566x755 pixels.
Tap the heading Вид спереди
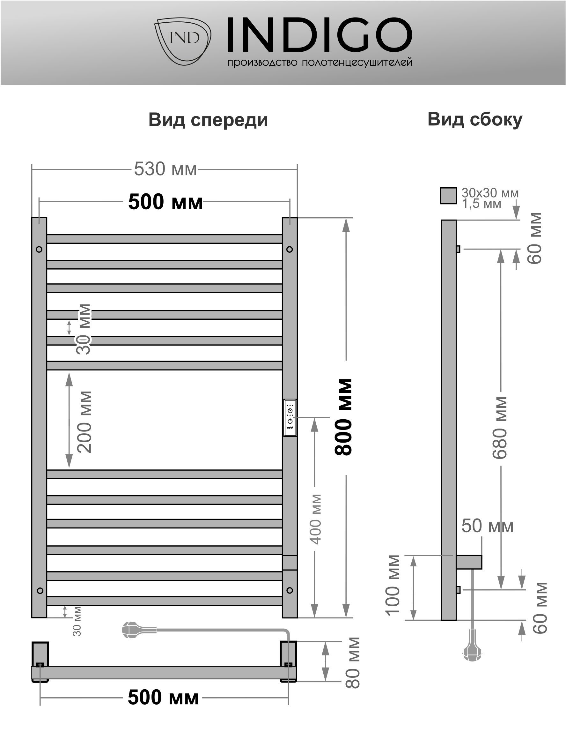(x=208, y=120)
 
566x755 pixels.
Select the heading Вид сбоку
(x=474, y=119)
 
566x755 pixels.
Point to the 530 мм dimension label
(x=165, y=169)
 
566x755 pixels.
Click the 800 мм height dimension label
(x=343, y=417)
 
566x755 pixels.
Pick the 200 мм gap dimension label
(x=84, y=422)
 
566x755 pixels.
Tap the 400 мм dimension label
(x=316, y=519)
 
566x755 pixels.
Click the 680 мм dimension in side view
(x=500, y=428)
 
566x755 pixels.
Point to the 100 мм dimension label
(x=393, y=585)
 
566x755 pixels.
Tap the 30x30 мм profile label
(x=490, y=193)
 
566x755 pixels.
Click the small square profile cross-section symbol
(x=448, y=196)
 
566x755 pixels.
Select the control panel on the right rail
(x=290, y=417)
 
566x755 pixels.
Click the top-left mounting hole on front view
(x=39, y=249)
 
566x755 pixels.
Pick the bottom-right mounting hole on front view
(x=290, y=590)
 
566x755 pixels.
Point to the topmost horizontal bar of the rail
(x=165, y=239)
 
